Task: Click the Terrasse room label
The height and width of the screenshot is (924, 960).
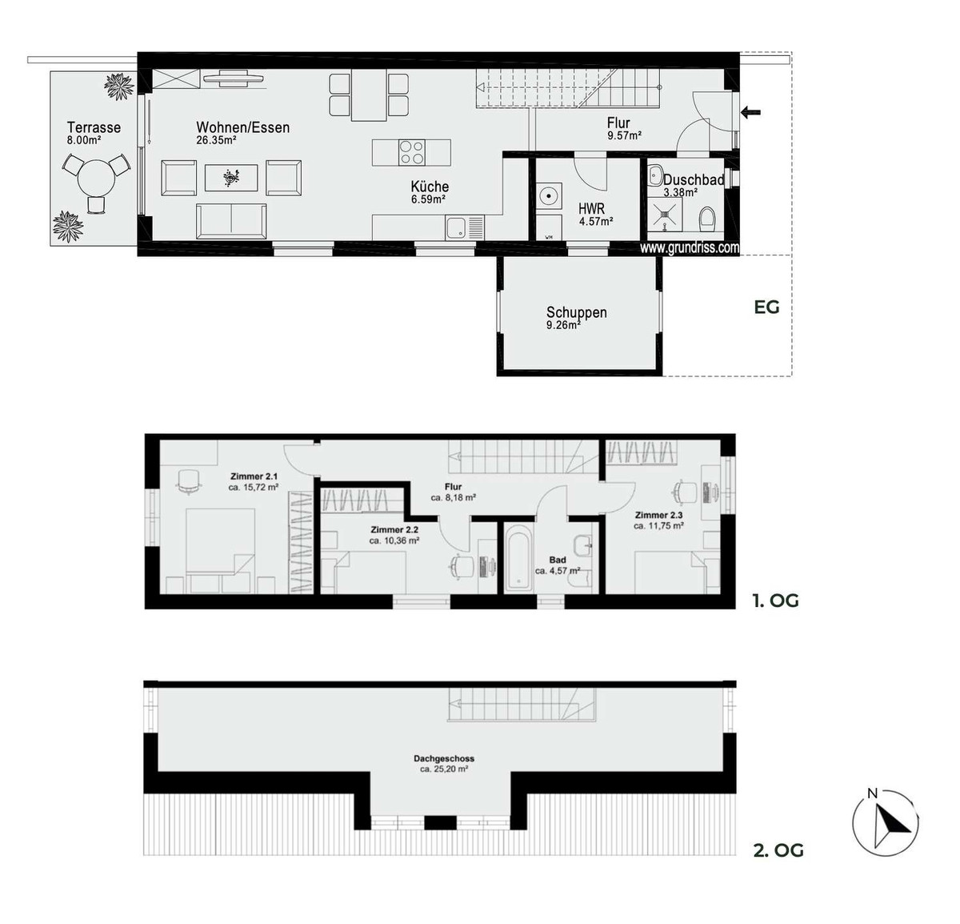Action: point(94,127)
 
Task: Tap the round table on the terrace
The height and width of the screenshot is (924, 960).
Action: point(96,177)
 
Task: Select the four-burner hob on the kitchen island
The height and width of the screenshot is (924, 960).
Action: point(411,152)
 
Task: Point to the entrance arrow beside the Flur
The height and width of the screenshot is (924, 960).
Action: point(750,112)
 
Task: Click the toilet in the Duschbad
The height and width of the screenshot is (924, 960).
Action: point(707,219)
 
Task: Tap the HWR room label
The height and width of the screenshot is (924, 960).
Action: point(591,209)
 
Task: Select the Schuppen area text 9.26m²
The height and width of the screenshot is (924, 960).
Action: point(563,325)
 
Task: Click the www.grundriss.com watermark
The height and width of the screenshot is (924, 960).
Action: point(690,247)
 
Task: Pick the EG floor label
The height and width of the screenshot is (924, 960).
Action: point(766,307)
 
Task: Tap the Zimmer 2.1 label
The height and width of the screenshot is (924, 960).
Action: point(254,476)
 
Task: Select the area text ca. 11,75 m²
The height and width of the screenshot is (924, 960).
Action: point(658,526)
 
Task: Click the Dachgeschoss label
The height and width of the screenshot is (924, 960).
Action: point(444,758)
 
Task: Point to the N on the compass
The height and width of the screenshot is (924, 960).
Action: point(872,807)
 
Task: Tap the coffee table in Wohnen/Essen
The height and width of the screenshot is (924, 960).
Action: point(231,178)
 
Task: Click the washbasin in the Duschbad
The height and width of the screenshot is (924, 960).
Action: point(656,175)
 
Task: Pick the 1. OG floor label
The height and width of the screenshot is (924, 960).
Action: point(775,601)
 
